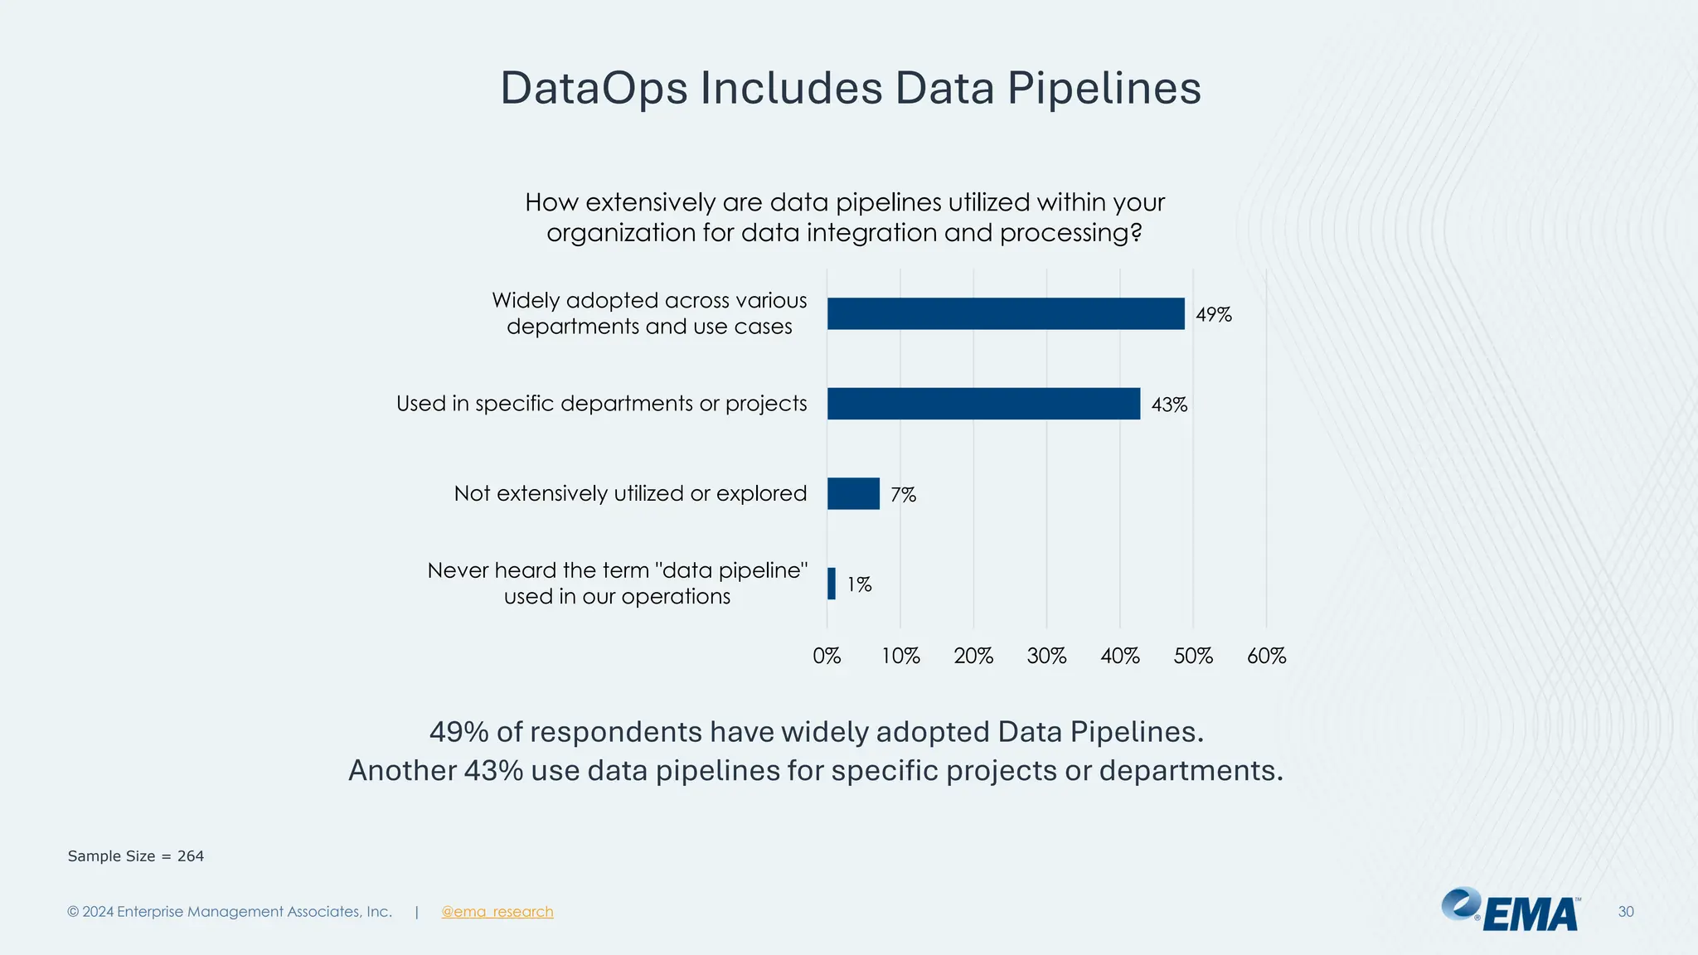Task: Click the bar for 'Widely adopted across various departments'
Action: coord(1006,314)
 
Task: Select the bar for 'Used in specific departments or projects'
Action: coord(983,404)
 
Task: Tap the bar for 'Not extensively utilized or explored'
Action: coord(853,494)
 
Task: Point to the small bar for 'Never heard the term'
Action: coord(832,584)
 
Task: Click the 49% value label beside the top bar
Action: coord(1214,315)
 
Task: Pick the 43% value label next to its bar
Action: coord(1169,405)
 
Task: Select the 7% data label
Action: coord(903,495)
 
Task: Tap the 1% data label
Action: coord(859,584)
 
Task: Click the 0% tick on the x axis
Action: coord(827,657)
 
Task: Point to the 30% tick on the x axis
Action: coord(1046,657)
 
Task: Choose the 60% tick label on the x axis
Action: coord(1266,657)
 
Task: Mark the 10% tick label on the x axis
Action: coord(900,657)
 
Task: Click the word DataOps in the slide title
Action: coord(594,88)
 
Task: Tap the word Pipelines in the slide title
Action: coord(1104,88)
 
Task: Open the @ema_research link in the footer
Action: coord(497,912)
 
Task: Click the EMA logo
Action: coord(1511,910)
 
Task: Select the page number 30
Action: coord(1626,912)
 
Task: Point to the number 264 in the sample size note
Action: coord(191,856)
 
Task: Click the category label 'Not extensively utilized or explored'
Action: coord(630,493)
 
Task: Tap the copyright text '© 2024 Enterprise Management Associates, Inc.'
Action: coord(230,912)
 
